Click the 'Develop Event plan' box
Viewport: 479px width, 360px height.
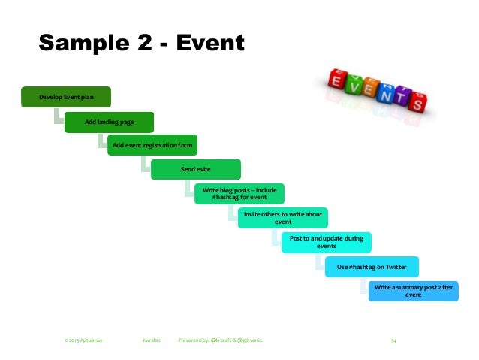pyautogui.click(x=66, y=97)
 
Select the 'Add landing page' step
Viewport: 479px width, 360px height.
pyautogui.click(x=110, y=122)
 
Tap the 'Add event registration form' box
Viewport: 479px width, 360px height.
pyautogui.click(x=153, y=145)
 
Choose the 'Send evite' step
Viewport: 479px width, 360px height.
pyautogui.click(x=196, y=169)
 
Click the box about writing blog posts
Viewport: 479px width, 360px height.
pyautogui.click(x=239, y=194)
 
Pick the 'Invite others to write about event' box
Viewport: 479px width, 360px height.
pyautogui.click(x=283, y=218)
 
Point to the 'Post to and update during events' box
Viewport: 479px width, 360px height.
pyautogui.click(x=327, y=242)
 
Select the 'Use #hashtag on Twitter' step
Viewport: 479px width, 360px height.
pyautogui.click(x=371, y=266)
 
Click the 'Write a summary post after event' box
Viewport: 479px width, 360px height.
pyautogui.click(x=414, y=291)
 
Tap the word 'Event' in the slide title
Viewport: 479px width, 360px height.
pyautogui.click(x=209, y=42)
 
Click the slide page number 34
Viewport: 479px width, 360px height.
pyautogui.click(x=393, y=340)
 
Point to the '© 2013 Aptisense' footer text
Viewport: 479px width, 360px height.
pyautogui.click(x=83, y=340)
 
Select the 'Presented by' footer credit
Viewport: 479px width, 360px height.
pyautogui.click(x=221, y=340)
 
